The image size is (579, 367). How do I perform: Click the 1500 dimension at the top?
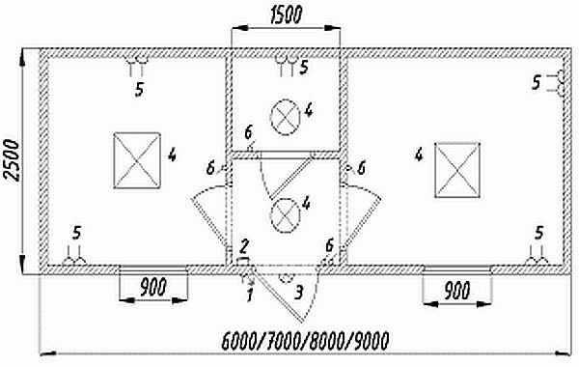[x=287, y=15]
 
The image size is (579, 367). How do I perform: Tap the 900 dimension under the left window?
[x=153, y=287]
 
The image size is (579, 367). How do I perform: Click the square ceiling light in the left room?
[x=137, y=160]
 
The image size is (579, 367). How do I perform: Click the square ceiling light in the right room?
[x=457, y=170]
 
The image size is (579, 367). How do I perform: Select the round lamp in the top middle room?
[x=285, y=118]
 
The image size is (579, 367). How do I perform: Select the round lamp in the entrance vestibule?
[x=285, y=215]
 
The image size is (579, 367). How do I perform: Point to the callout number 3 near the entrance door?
[x=299, y=293]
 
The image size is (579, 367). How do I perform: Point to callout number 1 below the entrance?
[x=250, y=295]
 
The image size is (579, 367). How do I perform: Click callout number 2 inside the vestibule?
[x=245, y=246]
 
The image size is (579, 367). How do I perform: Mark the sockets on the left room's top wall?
[x=137, y=66]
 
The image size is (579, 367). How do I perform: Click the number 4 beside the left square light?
[x=172, y=155]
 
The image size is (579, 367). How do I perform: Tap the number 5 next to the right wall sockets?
[x=537, y=83]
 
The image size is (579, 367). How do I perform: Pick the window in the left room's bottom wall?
[x=153, y=269]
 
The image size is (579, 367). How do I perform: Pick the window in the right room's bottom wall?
[x=456, y=269]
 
